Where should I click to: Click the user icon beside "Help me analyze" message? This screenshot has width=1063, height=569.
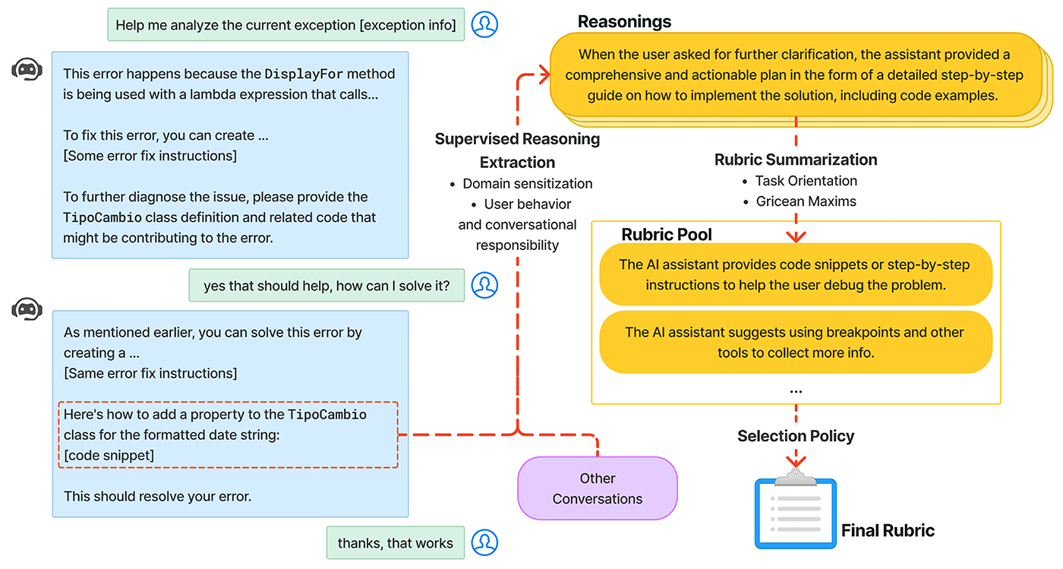point(484,24)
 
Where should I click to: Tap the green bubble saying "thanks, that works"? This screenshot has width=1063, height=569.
point(395,543)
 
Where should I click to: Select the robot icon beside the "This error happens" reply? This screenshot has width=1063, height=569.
point(27,70)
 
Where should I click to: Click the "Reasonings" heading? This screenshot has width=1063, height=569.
point(624,21)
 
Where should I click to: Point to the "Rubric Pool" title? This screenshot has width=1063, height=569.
point(667,234)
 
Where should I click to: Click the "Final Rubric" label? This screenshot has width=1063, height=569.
point(888,530)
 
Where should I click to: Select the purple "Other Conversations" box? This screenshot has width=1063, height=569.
point(597,488)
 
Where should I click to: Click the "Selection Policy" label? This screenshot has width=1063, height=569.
point(796,436)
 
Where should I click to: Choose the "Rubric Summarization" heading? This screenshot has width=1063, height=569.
point(796,160)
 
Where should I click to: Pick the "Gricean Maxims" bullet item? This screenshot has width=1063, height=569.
point(806,201)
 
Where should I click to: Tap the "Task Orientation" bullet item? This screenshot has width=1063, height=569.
point(806,181)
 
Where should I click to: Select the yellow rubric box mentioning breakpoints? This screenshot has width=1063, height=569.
point(795,342)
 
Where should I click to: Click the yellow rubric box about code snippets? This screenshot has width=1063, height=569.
point(795,274)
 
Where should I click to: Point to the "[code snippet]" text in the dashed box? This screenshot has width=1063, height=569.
point(109,455)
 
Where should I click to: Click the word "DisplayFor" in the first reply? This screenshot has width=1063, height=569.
point(304,74)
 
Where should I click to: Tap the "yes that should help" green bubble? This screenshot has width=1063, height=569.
point(326,286)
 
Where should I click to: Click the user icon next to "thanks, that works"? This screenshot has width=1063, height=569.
point(484,543)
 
